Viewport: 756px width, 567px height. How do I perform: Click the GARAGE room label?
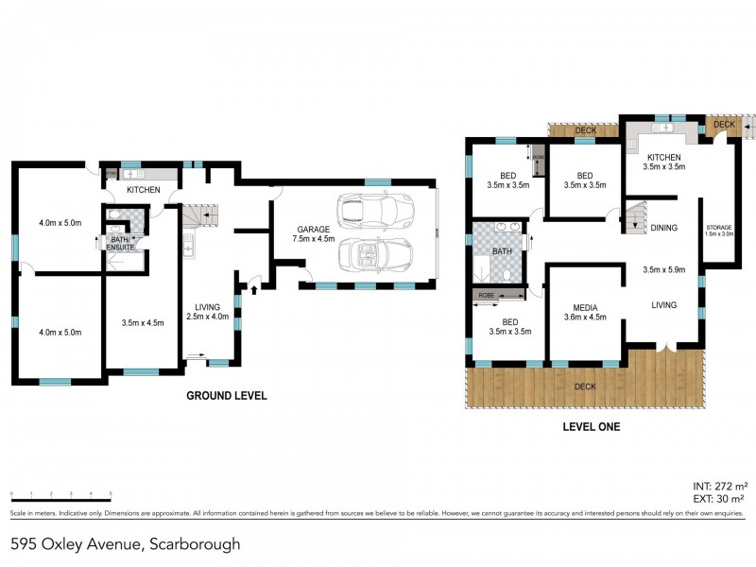(x=314, y=230)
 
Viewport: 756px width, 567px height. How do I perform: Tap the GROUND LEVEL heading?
(x=227, y=396)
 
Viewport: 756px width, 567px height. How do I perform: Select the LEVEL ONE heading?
(x=591, y=427)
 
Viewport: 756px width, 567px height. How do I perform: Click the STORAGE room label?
(x=720, y=228)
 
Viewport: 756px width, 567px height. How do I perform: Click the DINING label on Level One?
(x=664, y=228)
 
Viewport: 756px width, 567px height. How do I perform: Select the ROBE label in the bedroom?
(x=486, y=296)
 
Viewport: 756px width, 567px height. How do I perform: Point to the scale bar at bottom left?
(x=61, y=494)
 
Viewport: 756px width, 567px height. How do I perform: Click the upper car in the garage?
(x=375, y=207)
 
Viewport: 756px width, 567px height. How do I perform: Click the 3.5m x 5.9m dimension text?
(x=663, y=269)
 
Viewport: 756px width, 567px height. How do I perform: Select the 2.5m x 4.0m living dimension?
(x=207, y=317)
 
